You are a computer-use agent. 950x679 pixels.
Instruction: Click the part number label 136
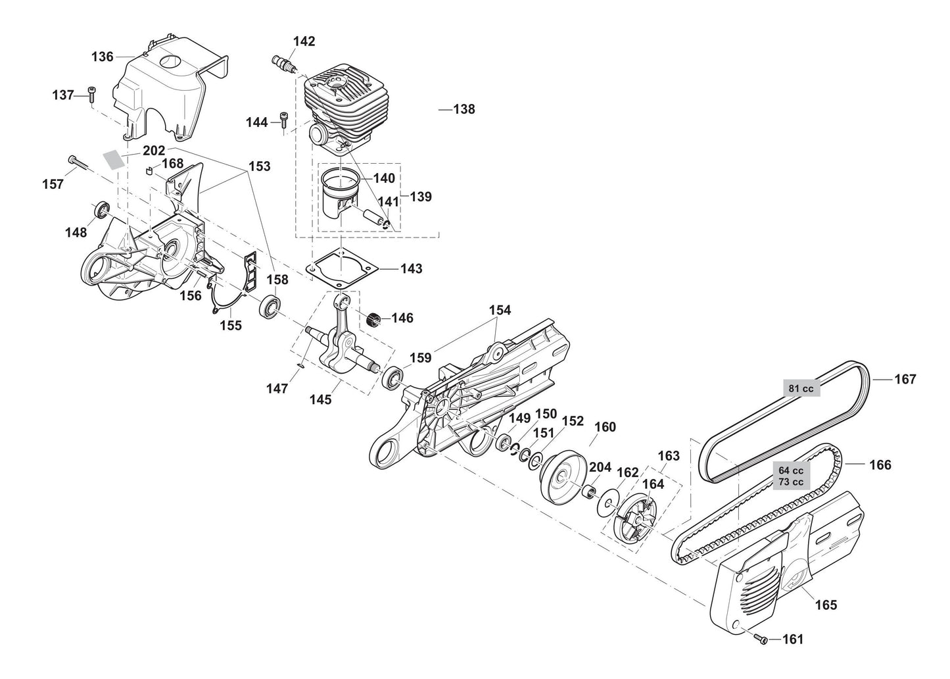(x=102, y=57)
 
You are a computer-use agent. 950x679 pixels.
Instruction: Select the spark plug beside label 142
(x=284, y=63)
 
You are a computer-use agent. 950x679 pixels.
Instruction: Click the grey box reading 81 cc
(x=801, y=388)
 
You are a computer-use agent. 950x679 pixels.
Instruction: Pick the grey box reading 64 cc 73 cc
(x=791, y=476)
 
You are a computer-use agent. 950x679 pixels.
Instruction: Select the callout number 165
(x=826, y=605)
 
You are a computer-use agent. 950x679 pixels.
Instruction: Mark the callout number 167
(x=905, y=379)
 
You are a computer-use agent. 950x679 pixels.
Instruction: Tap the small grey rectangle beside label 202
(x=114, y=160)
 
